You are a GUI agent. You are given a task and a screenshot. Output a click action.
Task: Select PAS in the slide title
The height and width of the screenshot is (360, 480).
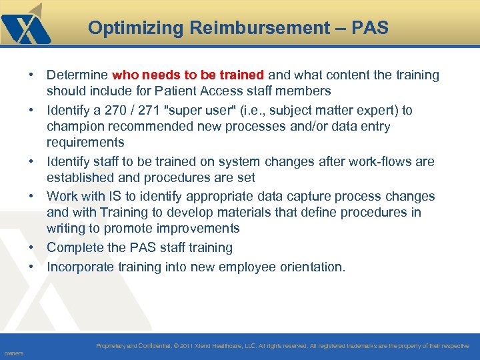pos(370,28)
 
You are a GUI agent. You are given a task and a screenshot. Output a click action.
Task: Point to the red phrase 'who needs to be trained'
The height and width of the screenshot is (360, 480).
pos(189,75)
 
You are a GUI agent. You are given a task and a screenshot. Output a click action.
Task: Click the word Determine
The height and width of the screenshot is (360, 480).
pos(77,75)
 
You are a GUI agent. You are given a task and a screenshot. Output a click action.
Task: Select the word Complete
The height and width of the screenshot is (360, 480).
pos(76,248)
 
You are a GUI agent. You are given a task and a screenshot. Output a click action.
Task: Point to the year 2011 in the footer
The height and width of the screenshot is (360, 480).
pos(187,346)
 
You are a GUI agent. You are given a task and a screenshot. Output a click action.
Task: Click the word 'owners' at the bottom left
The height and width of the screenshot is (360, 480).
pos(13,353)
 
